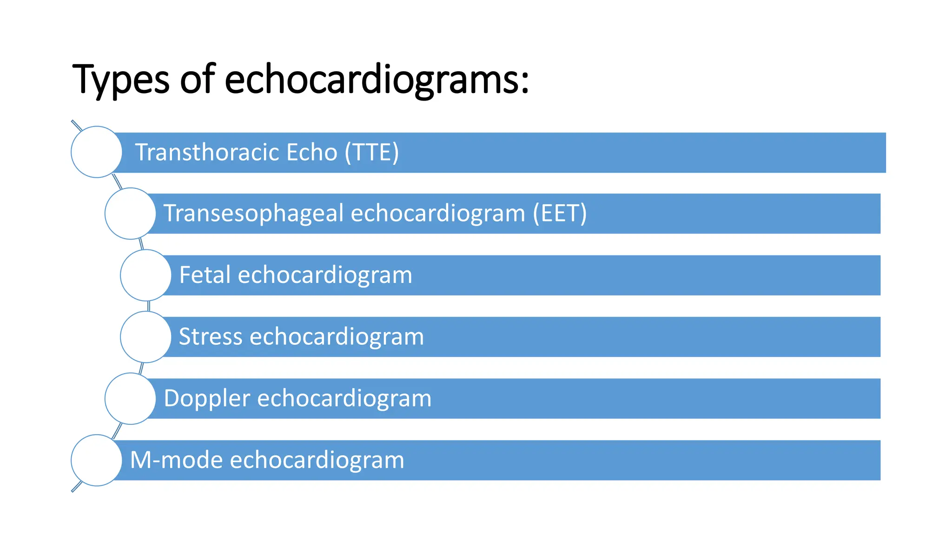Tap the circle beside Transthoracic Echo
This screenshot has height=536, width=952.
pyautogui.click(x=97, y=152)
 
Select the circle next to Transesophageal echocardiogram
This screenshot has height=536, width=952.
pyautogui.click(x=130, y=214)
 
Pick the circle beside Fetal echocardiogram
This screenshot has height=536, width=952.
pyautogui.click(x=146, y=275)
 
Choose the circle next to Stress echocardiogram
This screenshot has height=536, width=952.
pyautogui.click(x=146, y=337)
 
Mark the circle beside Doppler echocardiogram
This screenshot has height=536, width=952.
pyautogui.click(x=130, y=398)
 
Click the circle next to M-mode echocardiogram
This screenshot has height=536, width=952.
pyautogui.click(x=97, y=460)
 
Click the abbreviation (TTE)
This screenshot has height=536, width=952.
pyautogui.click(x=372, y=153)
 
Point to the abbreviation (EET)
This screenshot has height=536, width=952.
pyautogui.click(x=560, y=214)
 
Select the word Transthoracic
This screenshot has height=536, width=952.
pyautogui.click(x=207, y=153)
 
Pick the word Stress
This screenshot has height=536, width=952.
pyautogui.click(x=210, y=337)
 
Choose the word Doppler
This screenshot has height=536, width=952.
pyautogui.click(x=207, y=399)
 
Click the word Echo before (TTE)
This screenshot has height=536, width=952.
pyautogui.click(x=312, y=153)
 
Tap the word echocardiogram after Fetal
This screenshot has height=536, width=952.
pyautogui.click(x=325, y=275)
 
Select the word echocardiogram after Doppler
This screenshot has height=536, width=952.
pyautogui.click(x=344, y=399)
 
